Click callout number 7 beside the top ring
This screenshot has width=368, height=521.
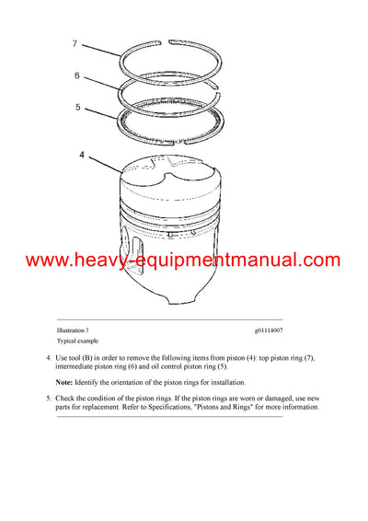click(x=76, y=43)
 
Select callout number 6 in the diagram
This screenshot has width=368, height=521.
click(x=77, y=75)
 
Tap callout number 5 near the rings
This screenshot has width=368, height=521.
click(x=77, y=108)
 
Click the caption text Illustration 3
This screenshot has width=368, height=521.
click(x=73, y=330)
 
